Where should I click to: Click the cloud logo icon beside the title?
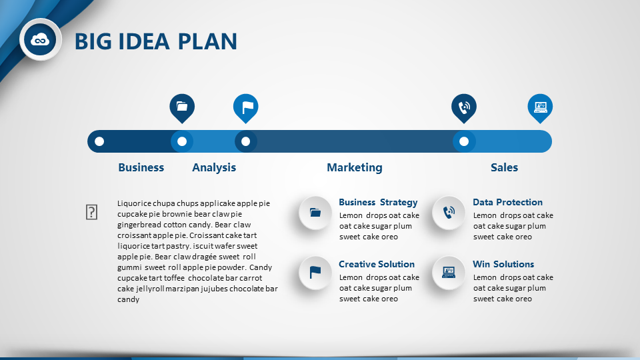point(40,39)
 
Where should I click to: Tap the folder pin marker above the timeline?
point(182,108)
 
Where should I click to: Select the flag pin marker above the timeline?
point(246,108)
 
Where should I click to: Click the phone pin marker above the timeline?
point(464,108)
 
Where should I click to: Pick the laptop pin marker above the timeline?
point(540,108)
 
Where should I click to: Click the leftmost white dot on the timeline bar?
point(99,141)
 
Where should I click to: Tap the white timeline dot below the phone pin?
point(464,141)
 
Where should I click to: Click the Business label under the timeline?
point(141,167)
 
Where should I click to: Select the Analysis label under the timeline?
point(214,167)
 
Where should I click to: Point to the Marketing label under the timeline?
point(355,167)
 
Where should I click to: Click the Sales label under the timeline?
point(504,167)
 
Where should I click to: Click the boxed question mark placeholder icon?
point(91,212)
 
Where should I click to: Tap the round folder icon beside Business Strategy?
point(315,213)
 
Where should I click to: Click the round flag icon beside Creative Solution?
point(315,273)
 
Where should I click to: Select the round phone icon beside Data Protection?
point(449,213)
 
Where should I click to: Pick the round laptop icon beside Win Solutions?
point(449,273)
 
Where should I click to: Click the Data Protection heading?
point(507,202)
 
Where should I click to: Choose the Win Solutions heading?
point(503,264)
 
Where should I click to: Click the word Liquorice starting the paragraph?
point(134,203)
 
